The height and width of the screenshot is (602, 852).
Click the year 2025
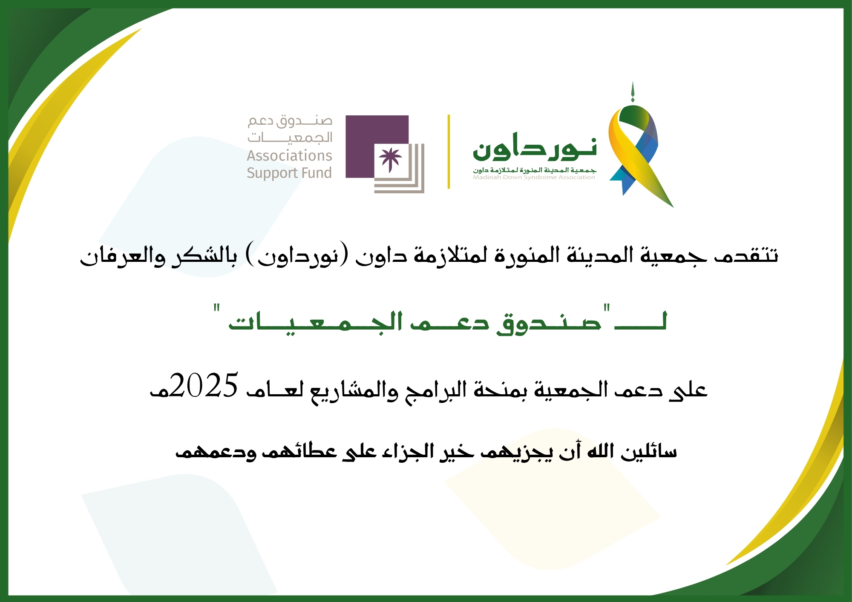[204, 385]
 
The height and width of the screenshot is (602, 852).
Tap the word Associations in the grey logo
[290, 155]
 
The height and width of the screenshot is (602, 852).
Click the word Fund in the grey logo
[316, 172]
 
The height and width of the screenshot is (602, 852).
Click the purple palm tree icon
[390, 160]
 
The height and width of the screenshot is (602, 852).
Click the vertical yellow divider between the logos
[449, 151]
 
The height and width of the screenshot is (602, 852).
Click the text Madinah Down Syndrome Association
[534, 178]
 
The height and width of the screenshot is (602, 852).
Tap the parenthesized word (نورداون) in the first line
[297, 255]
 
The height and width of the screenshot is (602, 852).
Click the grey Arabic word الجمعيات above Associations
[290, 137]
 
